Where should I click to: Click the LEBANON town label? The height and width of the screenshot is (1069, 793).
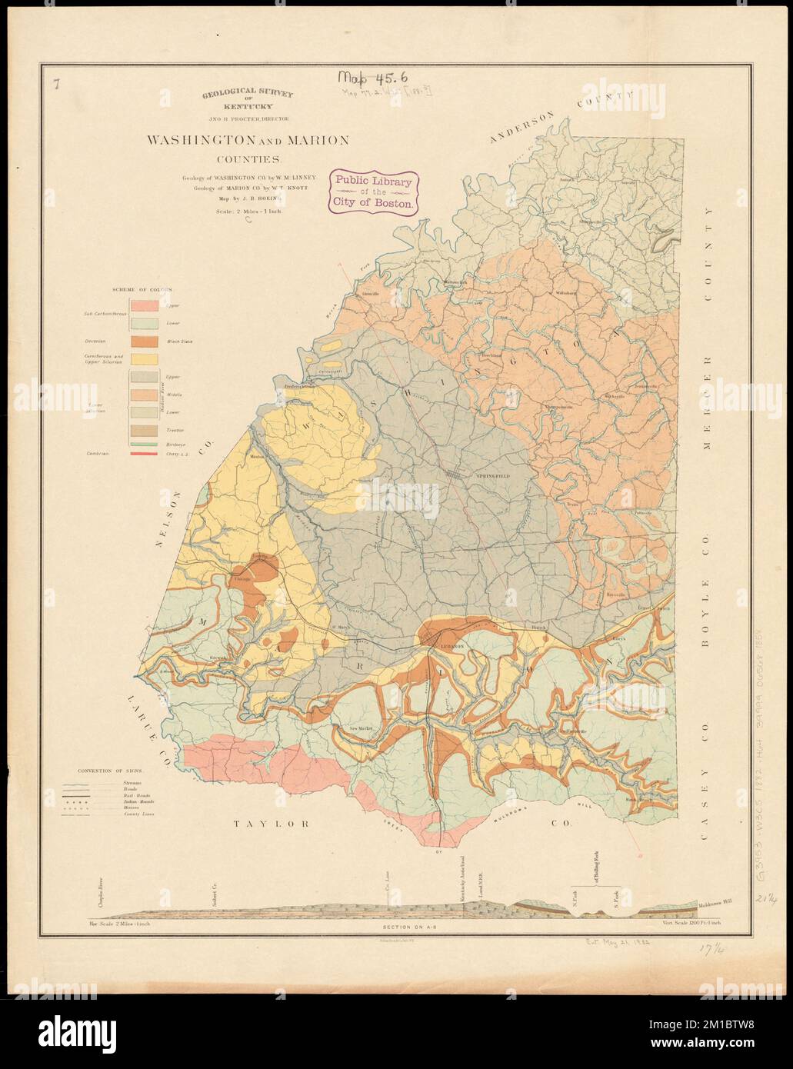(x=448, y=648)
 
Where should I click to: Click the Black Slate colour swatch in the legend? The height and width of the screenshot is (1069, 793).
(x=144, y=341)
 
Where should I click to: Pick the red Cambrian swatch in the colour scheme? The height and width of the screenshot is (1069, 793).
(x=144, y=455)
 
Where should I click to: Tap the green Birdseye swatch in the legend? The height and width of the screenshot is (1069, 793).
(x=144, y=445)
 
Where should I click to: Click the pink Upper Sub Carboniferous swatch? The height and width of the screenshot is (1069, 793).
(x=144, y=305)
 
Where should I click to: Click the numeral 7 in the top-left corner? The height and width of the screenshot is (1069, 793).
(x=57, y=85)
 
